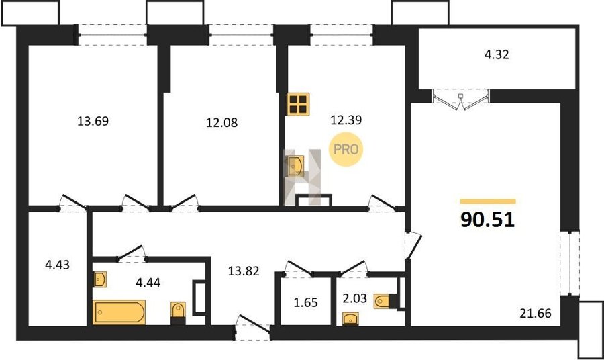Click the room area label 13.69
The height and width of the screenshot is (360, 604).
pyautogui.click(x=93, y=121)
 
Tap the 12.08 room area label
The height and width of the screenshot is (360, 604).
pyautogui.click(x=221, y=122)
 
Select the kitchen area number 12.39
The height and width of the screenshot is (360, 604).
pyautogui.click(x=346, y=120)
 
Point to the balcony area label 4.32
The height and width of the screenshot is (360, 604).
pyautogui.click(x=497, y=54)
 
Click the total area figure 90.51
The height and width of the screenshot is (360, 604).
pyautogui.click(x=488, y=220)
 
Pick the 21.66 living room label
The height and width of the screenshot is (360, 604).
pyautogui.click(x=535, y=313)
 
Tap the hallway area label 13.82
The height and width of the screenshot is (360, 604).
pyautogui.click(x=244, y=271)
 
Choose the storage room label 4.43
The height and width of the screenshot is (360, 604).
pyautogui.click(x=58, y=265)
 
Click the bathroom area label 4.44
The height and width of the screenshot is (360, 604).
pyautogui.click(x=148, y=283)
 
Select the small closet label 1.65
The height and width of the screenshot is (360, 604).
pyautogui.click(x=306, y=302)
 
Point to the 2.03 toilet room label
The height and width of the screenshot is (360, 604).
pyautogui.click(x=354, y=298)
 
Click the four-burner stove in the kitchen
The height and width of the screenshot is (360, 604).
pyautogui.click(x=298, y=104)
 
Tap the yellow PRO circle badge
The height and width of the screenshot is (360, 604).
pyautogui.click(x=346, y=149)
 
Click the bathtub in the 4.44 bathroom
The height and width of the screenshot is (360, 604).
pyautogui.click(x=119, y=312)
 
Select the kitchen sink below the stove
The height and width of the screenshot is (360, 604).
pyautogui.click(x=295, y=166)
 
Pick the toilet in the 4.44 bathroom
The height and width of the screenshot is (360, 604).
pyautogui.click(x=178, y=312)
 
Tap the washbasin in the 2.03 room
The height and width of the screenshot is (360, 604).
pyautogui.click(x=350, y=319)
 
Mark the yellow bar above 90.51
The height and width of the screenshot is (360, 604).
pyautogui.click(x=488, y=201)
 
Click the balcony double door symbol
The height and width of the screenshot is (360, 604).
pyautogui.click(x=460, y=99)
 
